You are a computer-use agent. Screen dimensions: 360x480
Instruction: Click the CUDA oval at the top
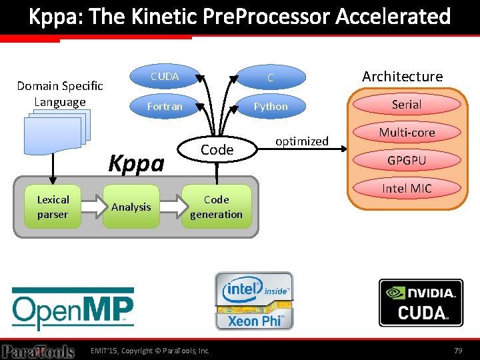click(165, 77)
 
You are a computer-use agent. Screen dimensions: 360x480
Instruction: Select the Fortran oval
click(165, 106)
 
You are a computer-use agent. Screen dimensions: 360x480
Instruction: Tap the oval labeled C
click(271, 78)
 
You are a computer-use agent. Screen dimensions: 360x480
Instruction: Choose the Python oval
click(271, 106)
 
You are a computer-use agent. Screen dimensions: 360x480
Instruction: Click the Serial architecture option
click(407, 105)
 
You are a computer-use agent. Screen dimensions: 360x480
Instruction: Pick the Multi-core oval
click(407, 133)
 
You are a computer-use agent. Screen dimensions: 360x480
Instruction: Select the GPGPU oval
click(407, 161)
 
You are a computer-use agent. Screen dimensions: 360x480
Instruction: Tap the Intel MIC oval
click(407, 189)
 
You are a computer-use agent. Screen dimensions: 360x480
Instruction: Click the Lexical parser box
click(53, 207)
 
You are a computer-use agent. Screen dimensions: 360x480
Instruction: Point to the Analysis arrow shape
click(132, 207)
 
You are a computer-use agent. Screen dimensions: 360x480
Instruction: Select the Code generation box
click(216, 207)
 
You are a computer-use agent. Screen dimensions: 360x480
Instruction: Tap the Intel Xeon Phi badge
click(253, 301)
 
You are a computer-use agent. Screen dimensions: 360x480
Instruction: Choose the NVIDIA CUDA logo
click(421, 302)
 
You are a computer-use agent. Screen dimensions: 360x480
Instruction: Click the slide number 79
click(457, 350)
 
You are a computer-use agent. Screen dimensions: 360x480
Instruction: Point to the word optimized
click(302, 141)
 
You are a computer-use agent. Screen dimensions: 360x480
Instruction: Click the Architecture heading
click(402, 77)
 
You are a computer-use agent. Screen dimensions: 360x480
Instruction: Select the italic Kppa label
click(137, 163)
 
